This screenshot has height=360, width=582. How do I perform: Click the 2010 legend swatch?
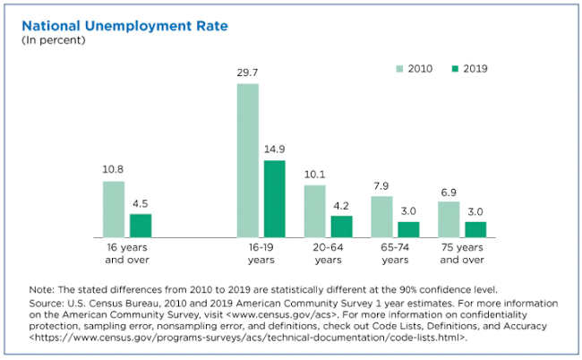pos(399,68)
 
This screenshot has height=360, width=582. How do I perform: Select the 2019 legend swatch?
pos(455,68)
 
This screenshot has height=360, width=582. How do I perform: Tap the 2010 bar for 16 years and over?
pos(114,209)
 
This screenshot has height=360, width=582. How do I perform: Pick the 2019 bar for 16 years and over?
pos(141,225)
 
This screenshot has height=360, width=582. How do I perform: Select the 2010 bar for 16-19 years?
pos(248,160)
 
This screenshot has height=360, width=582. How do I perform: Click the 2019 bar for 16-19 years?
pos(274,198)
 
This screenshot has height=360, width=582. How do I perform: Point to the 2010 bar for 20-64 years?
pos(314,210)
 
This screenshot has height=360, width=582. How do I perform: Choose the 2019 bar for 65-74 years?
pos(408,229)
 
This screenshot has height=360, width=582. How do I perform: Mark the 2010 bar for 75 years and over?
pos(449,219)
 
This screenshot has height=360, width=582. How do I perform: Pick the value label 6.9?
pos(449,193)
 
